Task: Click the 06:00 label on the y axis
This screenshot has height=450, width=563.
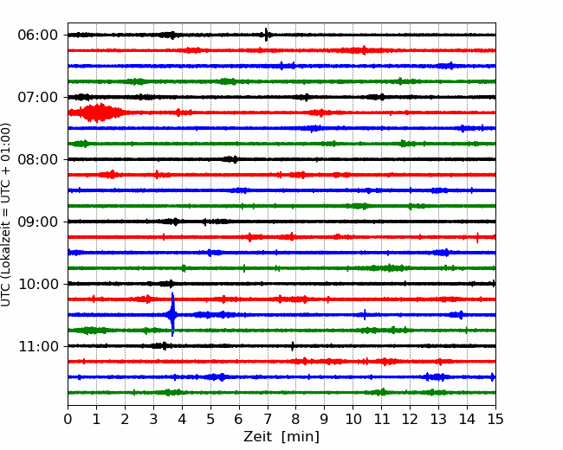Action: coord(38,35)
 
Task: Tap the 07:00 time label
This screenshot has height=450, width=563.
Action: coord(38,97)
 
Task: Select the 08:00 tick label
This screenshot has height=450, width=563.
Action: coord(38,159)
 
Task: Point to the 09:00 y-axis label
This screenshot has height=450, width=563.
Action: coord(38,222)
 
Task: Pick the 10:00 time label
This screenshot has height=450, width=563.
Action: coord(38,284)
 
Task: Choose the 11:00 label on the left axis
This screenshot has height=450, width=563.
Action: coord(38,346)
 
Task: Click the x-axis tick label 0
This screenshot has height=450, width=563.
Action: coord(68,419)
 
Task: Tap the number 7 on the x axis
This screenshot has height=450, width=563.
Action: coord(268,419)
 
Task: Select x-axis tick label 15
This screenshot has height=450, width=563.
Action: coord(495,419)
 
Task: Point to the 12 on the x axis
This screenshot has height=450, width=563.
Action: coord(410,419)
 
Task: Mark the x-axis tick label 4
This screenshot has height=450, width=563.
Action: coord(182,419)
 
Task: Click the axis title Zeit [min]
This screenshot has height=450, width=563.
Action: coord(281,437)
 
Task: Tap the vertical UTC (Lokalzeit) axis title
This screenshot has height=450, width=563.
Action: coord(6,215)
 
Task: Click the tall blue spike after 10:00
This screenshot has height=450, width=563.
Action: coord(172,314)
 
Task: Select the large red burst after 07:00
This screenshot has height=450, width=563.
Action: coord(97,112)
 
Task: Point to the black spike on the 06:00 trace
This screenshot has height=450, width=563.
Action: coord(266,35)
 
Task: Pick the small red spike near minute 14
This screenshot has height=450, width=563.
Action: coord(477,238)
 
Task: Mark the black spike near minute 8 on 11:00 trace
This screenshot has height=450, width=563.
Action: coord(293,346)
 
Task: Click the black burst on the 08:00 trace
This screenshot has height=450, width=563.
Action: coord(230,159)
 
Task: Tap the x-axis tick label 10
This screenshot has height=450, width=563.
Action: coord(353,419)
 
